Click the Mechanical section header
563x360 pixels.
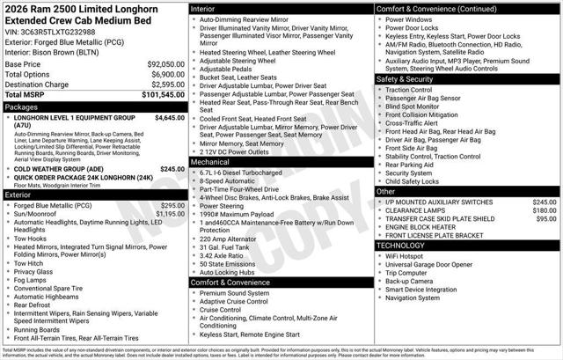pyautogui.click(x=210, y=162)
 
